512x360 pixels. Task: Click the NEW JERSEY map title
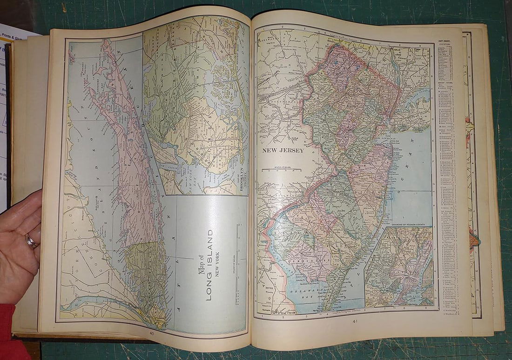click(x=283, y=150)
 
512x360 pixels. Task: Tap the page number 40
click(x=151, y=333)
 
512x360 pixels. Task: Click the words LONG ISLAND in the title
click(x=209, y=265)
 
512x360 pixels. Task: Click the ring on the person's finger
click(x=31, y=241)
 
